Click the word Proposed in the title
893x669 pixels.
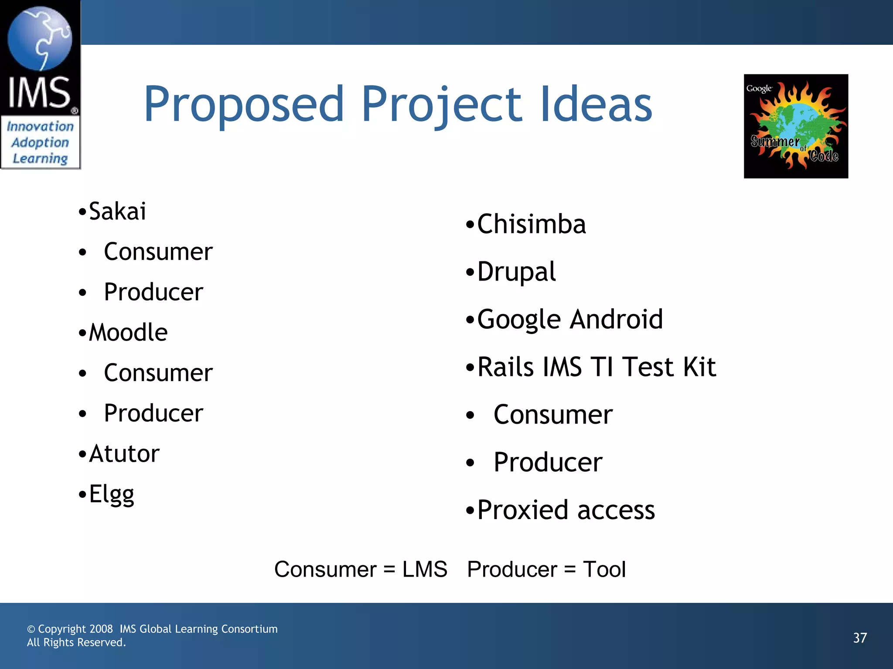[x=244, y=105]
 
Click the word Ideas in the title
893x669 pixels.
[x=596, y=105]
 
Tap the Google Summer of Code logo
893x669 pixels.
[x=796, y=126]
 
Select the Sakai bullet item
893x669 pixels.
[x=117, y=212]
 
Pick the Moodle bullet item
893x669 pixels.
[x=128, y=333]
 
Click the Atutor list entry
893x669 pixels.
[x=124, y=454]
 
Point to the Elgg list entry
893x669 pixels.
[x=112, y=494]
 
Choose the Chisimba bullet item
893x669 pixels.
[x=532, y=224]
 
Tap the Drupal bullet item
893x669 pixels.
[x=517, y=272]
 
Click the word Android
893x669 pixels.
[x=616, y=319]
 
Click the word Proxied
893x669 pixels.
[x=522, y=510]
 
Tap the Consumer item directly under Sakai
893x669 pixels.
[x=158, y=252]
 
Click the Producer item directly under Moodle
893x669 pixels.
[x=153, y=413]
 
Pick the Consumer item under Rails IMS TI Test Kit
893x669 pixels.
[x=553, y=415]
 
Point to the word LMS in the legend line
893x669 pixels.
[x=425, y=569]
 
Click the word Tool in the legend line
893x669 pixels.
[x=604, y=569]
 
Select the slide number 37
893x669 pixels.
[x=860, y=638]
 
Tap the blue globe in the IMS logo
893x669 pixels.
[x=40, y=38]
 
